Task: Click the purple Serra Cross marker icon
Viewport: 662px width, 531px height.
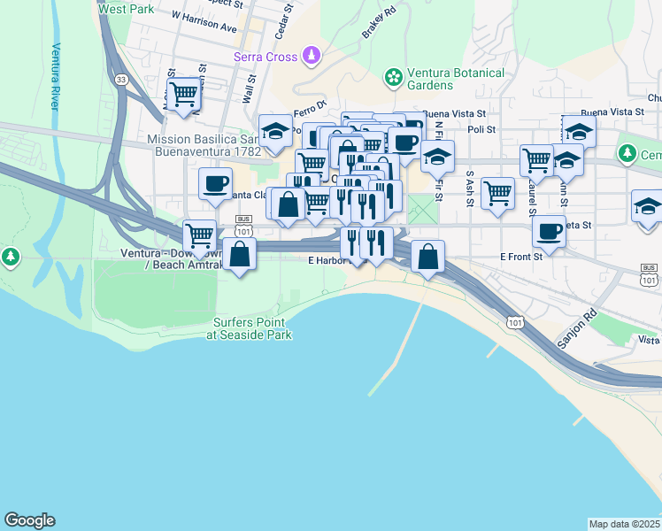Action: coord(311,58)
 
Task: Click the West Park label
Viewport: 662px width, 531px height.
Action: coord(126,9)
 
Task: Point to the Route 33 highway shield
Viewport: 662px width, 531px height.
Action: coord(120,80)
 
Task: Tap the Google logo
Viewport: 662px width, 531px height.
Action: coord(29,520)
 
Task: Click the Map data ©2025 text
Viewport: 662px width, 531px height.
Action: coord(625,524)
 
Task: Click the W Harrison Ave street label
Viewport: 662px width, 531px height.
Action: coord(204,21)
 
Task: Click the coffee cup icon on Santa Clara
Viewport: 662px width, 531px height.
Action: coord(215,183)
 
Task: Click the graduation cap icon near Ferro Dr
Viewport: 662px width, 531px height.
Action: coord(275,130)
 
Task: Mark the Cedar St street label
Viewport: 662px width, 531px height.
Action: coord(285,20)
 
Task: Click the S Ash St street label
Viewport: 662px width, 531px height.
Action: coord(470,185)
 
